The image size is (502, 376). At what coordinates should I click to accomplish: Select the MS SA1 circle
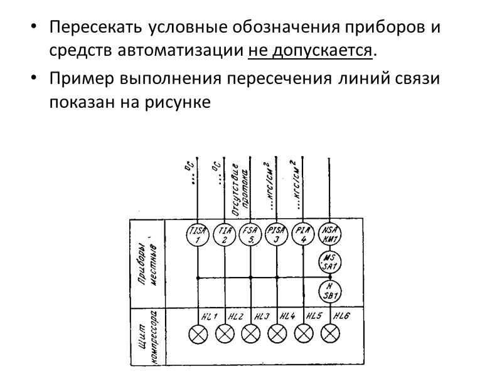329,262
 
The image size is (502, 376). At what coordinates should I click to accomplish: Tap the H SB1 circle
329,290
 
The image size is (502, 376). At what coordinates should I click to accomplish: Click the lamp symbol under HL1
198,334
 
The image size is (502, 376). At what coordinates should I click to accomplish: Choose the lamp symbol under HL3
250,334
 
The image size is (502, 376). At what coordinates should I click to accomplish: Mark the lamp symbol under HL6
329,334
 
